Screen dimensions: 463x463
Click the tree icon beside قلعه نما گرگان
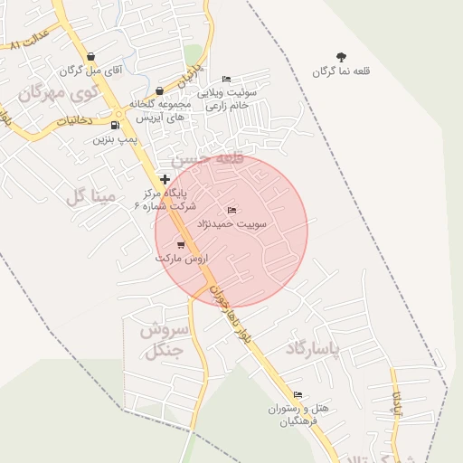coord(341,56)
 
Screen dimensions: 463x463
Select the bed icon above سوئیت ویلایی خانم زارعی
coord(226,79)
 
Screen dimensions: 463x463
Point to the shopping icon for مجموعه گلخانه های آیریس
coord(159,90)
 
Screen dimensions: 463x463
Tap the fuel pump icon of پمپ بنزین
coord(115,125)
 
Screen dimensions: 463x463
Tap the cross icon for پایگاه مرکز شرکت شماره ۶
coord(164,179)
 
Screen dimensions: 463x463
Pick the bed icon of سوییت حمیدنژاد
coord(231,210)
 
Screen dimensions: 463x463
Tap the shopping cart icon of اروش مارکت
coord(181,244)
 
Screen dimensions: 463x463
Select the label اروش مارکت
coord(181,258)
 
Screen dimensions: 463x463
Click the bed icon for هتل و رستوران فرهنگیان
coord(298,394)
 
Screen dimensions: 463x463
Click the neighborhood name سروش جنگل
coord(164,340)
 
